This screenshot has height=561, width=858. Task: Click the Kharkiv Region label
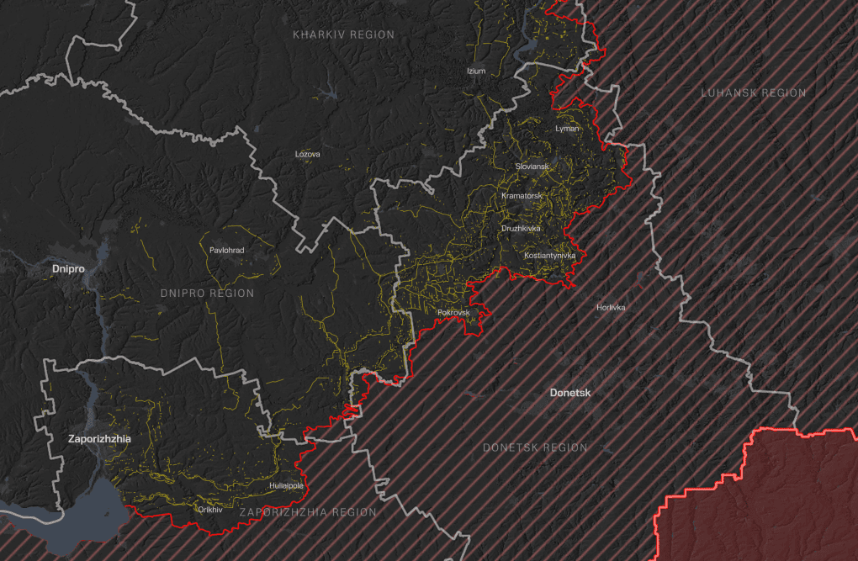[343, 34]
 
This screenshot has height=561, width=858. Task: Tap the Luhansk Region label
[753, 93]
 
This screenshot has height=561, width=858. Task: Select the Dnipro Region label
[206, 294]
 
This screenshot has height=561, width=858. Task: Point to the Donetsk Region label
[535, 447]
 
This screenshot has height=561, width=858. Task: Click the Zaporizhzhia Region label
[308, 512]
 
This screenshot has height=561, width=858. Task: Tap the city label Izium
[476, 71]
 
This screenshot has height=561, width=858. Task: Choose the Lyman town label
[568, 129]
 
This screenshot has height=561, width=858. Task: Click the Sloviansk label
[532, 167]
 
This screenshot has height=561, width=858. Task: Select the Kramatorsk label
[522, 196]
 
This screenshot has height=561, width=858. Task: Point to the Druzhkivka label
[522, 228]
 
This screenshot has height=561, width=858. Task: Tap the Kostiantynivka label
[549, 255]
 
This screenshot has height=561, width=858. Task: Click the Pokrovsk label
[453, 313]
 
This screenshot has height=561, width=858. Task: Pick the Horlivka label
[611, 307]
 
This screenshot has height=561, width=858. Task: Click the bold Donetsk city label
[570, 393]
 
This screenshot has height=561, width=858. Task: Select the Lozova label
[307, 154]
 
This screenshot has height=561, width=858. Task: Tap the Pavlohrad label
[225, 250]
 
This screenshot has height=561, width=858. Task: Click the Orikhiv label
[209, 509]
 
